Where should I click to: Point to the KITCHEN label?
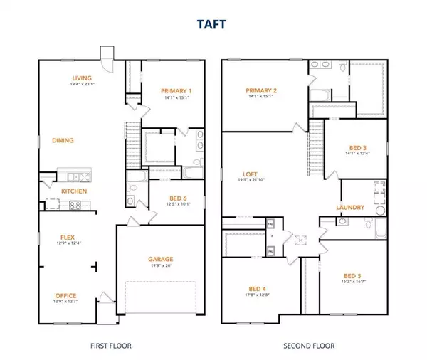tap(74, 191)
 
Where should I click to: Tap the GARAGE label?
tap(161, 259)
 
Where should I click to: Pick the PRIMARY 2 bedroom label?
tap(262, 90)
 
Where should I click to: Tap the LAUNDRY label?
tap(351, 208)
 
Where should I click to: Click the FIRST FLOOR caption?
tap(112, 346)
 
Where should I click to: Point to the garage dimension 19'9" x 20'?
tap(161, 267)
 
